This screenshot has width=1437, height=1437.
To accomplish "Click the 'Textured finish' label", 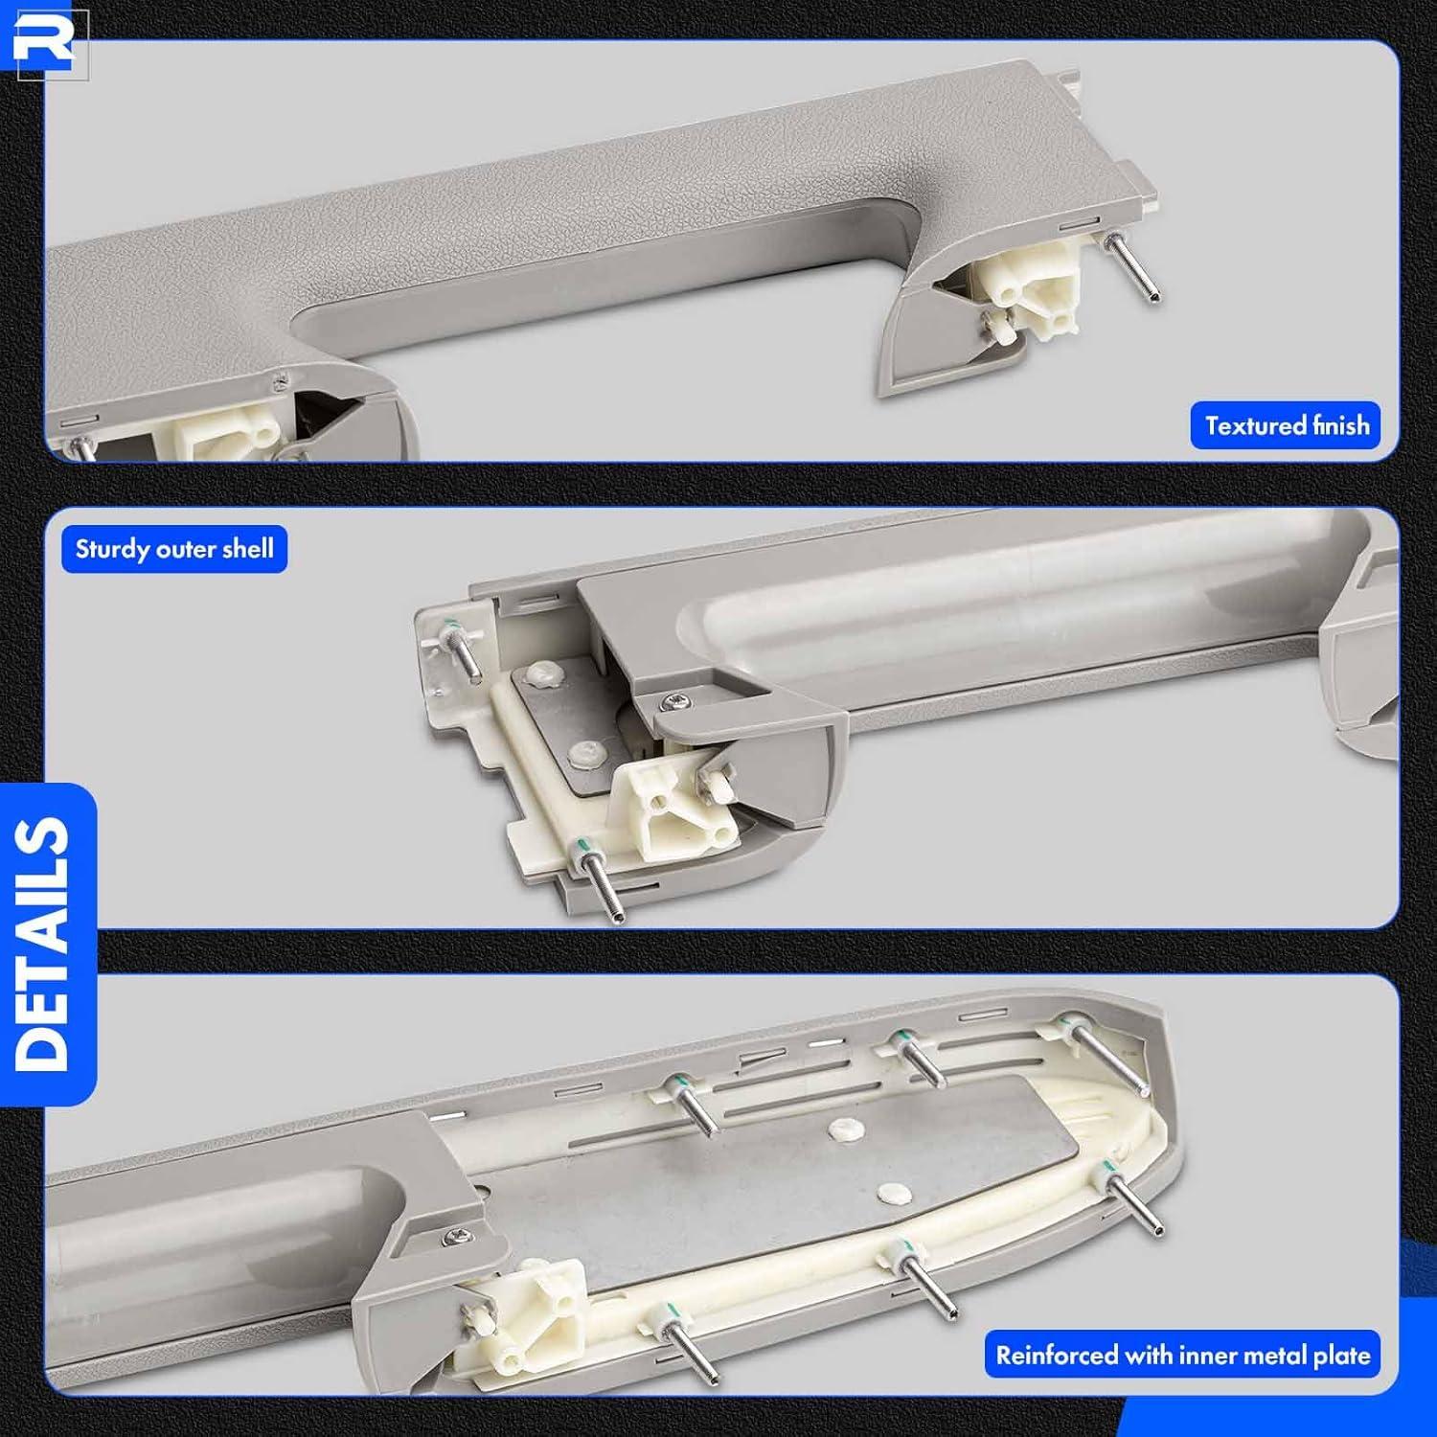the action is coord(1286,425).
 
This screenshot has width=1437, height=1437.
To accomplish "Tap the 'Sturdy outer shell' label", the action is coord(174,549).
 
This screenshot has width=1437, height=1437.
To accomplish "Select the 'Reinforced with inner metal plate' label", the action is coord(1182,1355).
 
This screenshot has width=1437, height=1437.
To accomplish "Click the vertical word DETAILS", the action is coord(43,944).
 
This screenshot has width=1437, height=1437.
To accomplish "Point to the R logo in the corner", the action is coord(44,39).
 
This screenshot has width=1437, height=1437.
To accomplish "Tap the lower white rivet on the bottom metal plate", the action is coord(896,1194).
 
